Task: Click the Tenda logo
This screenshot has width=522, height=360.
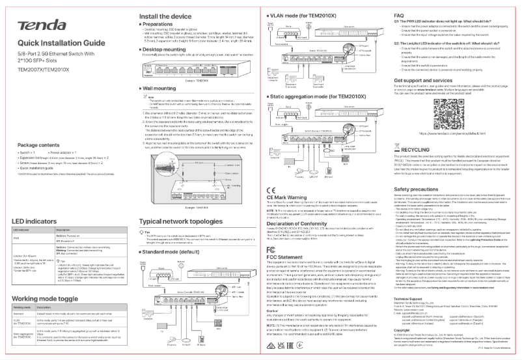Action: pos(40,25)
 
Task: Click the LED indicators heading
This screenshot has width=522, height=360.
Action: pos(32,221)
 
